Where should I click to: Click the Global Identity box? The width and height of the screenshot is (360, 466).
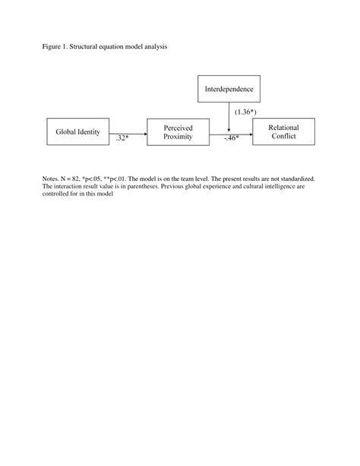tap(78, 132)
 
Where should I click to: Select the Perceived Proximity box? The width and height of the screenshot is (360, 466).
tap(178, 132)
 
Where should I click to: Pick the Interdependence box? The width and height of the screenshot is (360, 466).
tap(229, 89)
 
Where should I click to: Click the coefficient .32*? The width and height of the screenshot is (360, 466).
tap(123, 139)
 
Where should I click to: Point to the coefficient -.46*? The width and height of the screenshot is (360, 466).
tap(231, 139)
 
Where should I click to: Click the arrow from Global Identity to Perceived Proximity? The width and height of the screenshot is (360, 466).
tap(128, 132)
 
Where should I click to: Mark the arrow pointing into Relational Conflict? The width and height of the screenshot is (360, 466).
tap(239, 132)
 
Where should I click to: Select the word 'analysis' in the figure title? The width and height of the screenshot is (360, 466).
tap(152, 46)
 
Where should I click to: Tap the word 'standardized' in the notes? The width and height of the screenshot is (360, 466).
tap(295, 179)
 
